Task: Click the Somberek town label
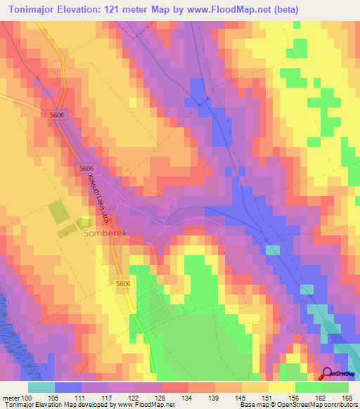point(105,233)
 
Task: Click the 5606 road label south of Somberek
point(123,283)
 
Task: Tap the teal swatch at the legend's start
point(41,387)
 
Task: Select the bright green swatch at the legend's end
point(335,387)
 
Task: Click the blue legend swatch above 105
point(68,387)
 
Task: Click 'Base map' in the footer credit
point(255,405)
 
